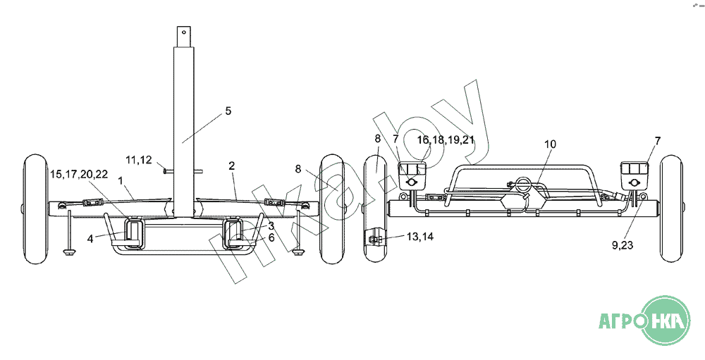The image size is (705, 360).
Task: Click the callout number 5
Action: click(x=228, y=111)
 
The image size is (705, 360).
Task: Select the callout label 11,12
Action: click(x=138, y=159)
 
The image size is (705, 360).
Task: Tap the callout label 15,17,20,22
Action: click(x=79, y=175)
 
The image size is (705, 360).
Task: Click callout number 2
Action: click(x=231, y=166)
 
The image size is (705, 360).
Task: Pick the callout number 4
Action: click(x=90, y=239)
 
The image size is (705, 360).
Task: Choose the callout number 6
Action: click(x=271, y=237)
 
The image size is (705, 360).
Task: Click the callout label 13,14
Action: click(x=420, y=237)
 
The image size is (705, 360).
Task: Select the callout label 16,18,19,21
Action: click(x=446, y=139)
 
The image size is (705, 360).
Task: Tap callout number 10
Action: click(x=550, y=144)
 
